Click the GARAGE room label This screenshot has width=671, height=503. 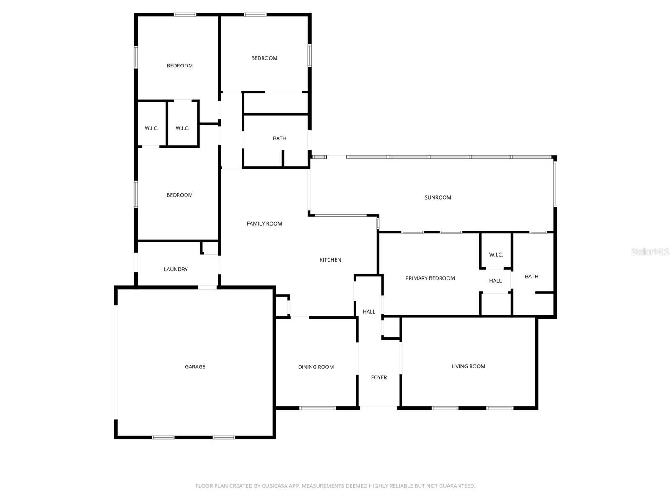(x=195, y=367)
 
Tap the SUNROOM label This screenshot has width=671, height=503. (x=437, y=197)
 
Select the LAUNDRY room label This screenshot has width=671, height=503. (x=176, y=270)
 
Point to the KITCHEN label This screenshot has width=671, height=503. (x=330, y=260)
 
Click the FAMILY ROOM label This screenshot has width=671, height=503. (x=264, y=224)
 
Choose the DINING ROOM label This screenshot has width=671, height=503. (x=316, y=367)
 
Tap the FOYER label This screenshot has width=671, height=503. (x=379, y=377)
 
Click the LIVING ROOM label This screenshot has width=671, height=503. (x=468, y=366)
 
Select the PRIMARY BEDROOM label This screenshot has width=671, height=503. (x=430, y=278)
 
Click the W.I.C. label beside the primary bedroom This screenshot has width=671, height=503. (x=496, y=255)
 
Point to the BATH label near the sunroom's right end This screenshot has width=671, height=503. (x=531, y=277)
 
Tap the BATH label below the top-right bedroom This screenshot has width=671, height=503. (x=279, y=138)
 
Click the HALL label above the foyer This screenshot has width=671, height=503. (x=369, y=311)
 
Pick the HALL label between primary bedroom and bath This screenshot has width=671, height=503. (x=495, y=281)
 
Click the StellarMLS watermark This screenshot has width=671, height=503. (x=650, y=252)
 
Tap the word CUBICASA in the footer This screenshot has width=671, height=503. (x=275, y=486)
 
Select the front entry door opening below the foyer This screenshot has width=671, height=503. (x=378, y=407)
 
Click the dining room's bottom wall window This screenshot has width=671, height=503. (x=317, y=407)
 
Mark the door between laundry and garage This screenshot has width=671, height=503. (x=208, y=288)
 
